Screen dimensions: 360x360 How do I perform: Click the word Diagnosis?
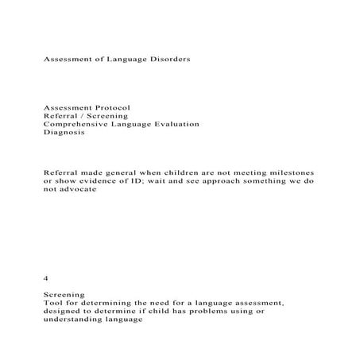pos(64,133)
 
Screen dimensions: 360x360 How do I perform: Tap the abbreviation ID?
pos(137,181)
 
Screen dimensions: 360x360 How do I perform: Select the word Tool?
pos(53,302)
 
